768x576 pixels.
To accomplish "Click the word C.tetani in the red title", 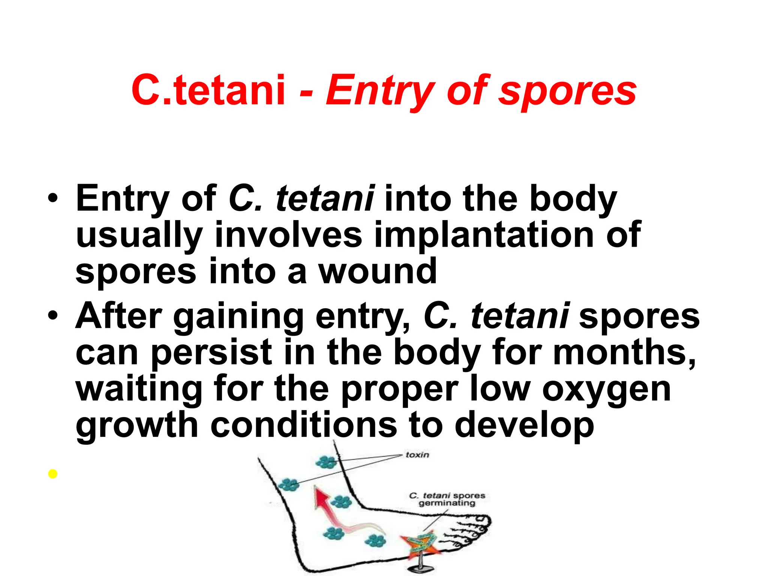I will click(x=208, y=90).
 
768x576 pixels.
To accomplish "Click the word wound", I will click(x=378, y=271).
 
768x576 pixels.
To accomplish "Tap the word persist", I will click(x=211, y=352).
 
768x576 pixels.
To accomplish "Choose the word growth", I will click(x=137, y=426).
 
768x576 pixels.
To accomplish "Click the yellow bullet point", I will click(x=53, y=474).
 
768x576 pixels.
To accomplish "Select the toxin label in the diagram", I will click(x=417, y=455).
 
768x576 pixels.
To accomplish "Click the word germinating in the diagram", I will click(x=447, y=503).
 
